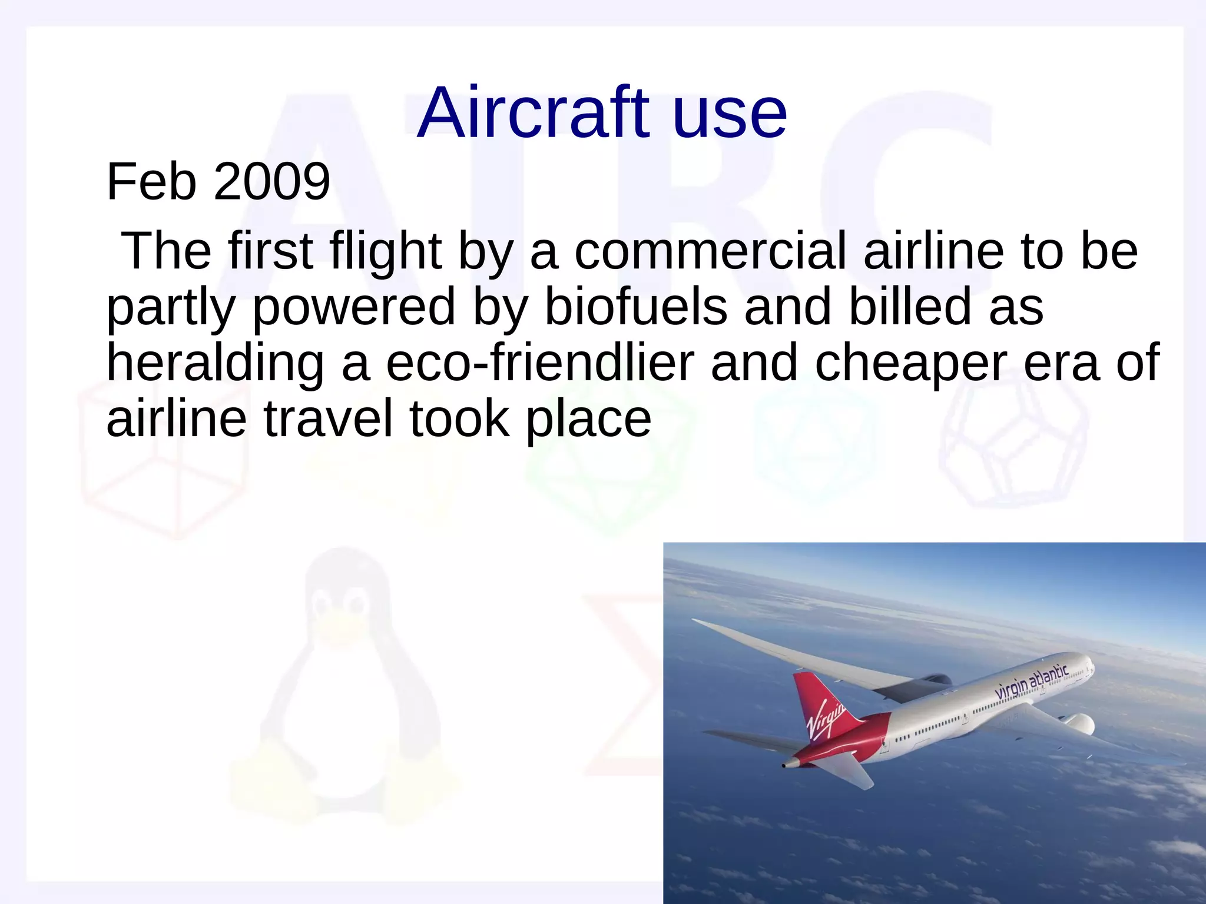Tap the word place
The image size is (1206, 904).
(588, 418)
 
